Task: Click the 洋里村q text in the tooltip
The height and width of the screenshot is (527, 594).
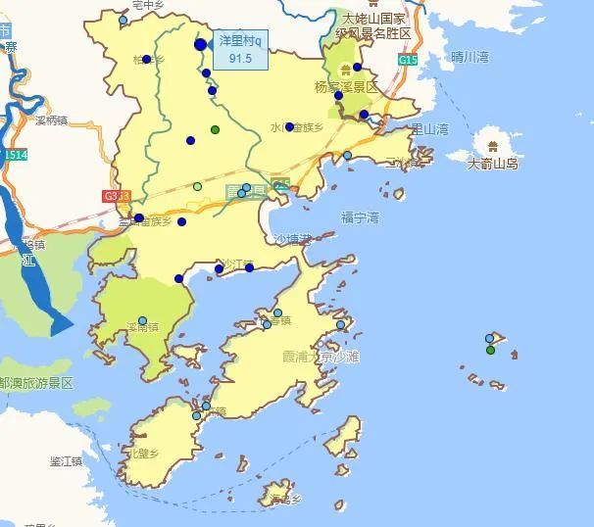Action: pyautogui.click(x=241, y=41)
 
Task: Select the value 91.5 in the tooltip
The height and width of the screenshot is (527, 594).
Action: pyautogui.click(x=241, y=59)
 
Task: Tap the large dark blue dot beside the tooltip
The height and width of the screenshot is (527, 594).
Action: pyautogui.click(x=201, y=44)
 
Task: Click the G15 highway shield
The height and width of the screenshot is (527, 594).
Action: pyautogui.click(x=407, y=60)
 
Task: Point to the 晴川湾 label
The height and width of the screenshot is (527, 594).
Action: pyautogui.click(x=470, y=57)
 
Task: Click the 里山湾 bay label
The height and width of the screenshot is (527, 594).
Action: pyautogui.click(x=429, y=128)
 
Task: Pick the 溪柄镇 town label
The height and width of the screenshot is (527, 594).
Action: pyautogui.click(x=50, y=121)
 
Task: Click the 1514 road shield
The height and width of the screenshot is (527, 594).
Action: pyautogui.click(x=15, y=156)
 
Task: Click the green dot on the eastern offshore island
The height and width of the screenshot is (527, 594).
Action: pyautogui.click(x=491, y=350)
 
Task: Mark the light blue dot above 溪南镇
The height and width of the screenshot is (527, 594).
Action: pyautogui.click(x=142, y=320)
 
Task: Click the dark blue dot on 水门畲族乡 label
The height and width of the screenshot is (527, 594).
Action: pyautogui.click(x=289, y=126)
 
